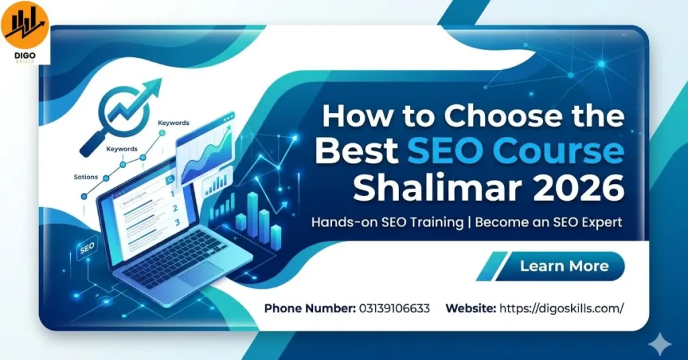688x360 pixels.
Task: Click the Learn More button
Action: click(x=564, y=266)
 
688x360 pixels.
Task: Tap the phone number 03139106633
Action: click(x=394, y=308)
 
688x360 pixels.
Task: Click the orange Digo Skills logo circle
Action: click(x=25, y=25)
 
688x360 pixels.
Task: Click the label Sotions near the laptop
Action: click(x=86, y=177)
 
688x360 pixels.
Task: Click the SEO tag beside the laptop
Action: click(x=87, y=249)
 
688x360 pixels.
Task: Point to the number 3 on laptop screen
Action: click(x=177, y=222)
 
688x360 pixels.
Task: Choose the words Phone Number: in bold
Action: click(x=308, y=308)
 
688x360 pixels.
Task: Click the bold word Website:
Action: click(x=471, y=308)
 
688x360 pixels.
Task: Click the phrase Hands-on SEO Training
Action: click(x=387, y=222)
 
